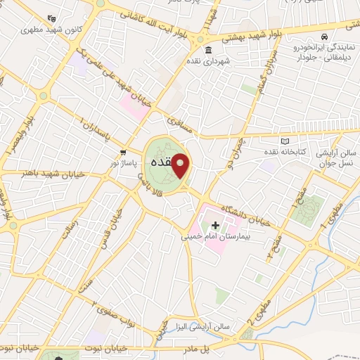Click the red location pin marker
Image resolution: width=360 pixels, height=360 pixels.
(181, 165)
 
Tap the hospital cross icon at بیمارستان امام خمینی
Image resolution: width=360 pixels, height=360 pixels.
(216, 225)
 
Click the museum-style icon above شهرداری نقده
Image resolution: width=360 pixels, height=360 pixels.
(209, 50)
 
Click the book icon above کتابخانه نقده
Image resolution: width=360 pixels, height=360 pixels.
(284, 141)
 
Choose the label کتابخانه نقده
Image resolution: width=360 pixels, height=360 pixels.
(284, 153)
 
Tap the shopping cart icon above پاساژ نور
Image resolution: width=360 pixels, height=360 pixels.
(124, 151)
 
